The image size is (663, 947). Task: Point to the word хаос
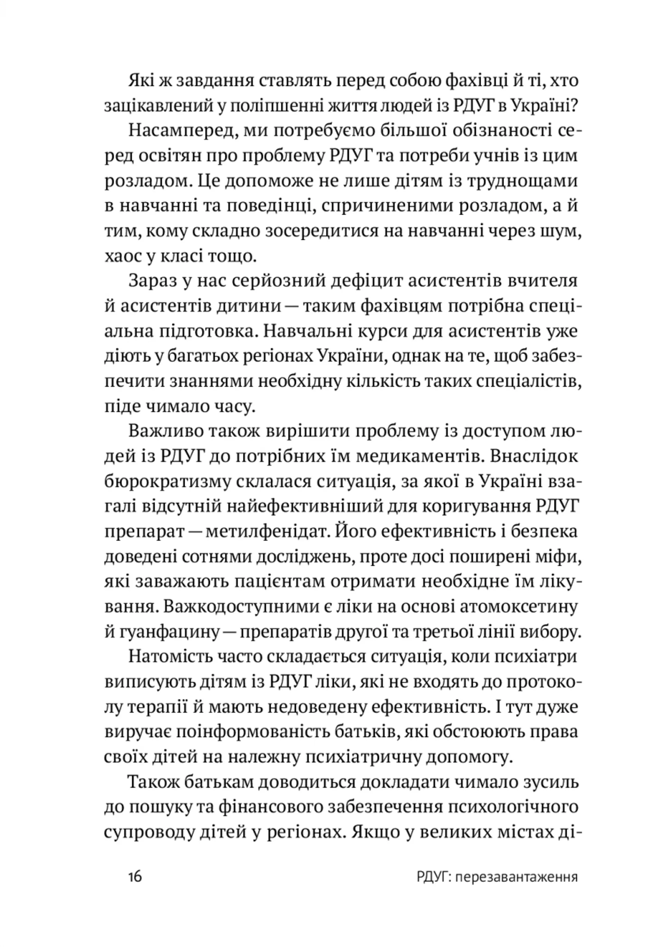[121, 257]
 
